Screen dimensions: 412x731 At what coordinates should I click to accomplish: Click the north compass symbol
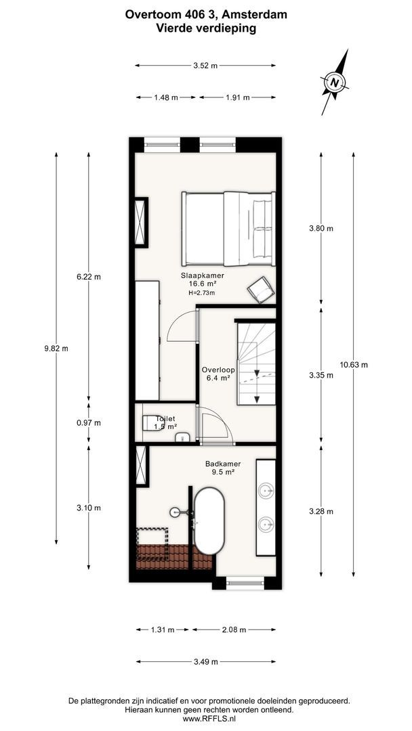pos(334,83)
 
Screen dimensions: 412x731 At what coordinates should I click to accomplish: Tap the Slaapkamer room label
pos(199,275)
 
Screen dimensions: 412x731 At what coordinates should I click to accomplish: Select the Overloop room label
pos(218,370)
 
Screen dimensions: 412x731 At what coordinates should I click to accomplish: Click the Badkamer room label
pos(223,464)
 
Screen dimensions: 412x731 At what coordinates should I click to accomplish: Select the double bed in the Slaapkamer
pos(227,229)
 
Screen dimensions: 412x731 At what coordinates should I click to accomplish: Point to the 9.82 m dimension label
pos(56,348)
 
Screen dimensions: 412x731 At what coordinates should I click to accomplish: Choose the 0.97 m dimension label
pos(89,423)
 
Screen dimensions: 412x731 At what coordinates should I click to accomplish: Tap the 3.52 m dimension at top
pos(205,66)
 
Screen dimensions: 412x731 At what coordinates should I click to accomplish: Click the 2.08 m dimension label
pos(234,629)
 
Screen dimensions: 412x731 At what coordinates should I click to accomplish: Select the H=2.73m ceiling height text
pos(201,292)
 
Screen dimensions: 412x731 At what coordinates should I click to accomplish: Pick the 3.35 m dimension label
pos(321,375)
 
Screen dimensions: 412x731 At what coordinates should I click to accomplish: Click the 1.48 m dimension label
pos(165,97)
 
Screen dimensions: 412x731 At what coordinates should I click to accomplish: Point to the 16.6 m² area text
pos(199,284)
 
